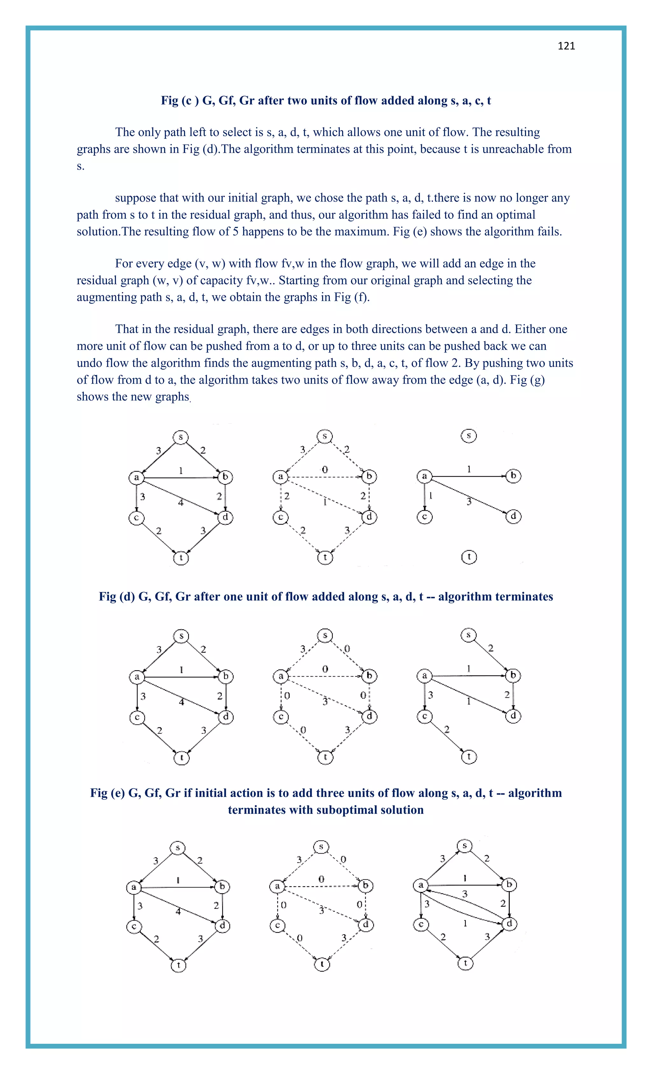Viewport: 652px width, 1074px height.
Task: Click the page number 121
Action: coord(566,46)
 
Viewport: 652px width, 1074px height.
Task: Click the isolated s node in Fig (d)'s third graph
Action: coord(469,436)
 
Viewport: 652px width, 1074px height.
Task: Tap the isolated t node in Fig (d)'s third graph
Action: coord(469,557)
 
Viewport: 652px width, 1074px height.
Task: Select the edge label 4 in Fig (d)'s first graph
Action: coord(181,502)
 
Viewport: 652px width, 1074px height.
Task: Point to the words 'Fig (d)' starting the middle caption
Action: coord(117,596)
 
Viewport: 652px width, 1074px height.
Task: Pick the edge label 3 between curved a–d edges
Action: coord(464,894)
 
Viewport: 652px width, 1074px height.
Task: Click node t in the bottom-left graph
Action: coord(178,965)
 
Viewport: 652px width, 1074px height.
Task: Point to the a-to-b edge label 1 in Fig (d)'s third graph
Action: coord(469,469)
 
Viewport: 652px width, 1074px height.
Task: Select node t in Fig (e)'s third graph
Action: coord(469,756)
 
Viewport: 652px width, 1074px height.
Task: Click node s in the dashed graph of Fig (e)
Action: coord(325,636)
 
